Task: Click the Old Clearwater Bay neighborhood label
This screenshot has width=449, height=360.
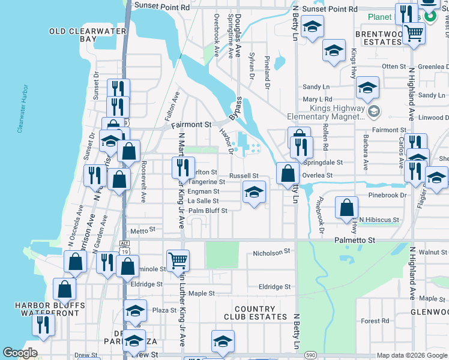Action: (x=88, y=35)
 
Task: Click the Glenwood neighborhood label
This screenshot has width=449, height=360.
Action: (x=429, y=312)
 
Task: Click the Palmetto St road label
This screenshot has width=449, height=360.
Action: (x=354, y=240)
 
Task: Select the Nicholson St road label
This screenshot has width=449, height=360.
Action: (x=271, y=253)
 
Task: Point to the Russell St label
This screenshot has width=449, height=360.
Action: (x=244, y=176)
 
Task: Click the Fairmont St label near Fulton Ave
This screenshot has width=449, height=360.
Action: (x=191, y=125)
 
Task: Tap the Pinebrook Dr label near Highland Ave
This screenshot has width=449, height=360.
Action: (x=387, y=195)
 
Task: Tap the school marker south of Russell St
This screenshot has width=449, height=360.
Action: (x=254, y=193)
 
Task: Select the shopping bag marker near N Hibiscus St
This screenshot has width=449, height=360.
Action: (x=347, y=208)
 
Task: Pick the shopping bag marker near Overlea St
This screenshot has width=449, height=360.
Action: (x=288, y=173)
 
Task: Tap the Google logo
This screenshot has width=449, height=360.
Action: (x=20, y=353)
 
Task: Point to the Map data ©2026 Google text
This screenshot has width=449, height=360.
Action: (x=411, y=355)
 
